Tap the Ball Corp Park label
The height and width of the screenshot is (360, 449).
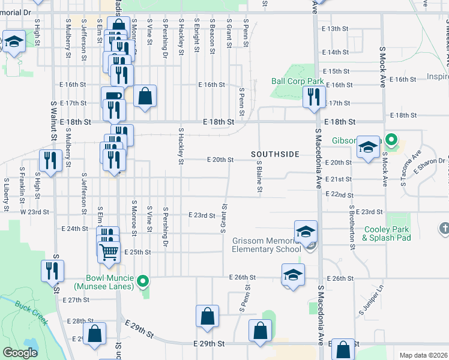pos(297,81)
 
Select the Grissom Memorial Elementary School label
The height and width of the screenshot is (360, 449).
pos(267,245)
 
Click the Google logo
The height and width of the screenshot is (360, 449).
pos(20,353)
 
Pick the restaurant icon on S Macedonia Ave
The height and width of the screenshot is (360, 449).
pos(314,97)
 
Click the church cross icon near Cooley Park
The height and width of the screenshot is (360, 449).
pos(444,228)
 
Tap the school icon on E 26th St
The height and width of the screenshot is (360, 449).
pos(293,275)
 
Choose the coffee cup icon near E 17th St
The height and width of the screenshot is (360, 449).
pos(113,96)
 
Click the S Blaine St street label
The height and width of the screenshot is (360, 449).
pos(259,177)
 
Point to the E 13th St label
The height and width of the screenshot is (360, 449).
pos(335,29)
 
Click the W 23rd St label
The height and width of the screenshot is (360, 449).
pos(33,212)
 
